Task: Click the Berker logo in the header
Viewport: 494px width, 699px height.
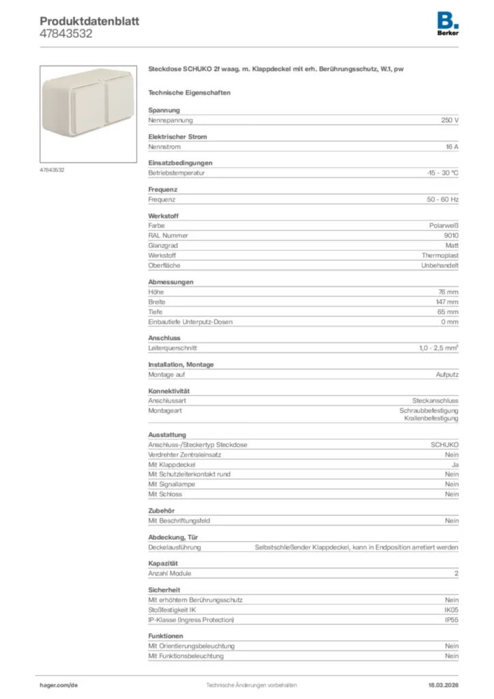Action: point(448,24)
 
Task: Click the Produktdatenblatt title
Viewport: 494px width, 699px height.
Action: point(89,21)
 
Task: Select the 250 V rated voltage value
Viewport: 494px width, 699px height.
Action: point(450,120)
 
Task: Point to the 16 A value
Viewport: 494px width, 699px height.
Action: point(452,147)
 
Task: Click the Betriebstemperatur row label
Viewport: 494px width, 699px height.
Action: point(177,173)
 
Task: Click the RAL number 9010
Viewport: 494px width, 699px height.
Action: point(451,235)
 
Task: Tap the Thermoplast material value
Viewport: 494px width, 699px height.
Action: point(440,255)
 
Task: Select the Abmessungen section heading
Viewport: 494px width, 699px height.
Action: point(171,282)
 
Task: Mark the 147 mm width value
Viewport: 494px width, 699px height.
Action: point(448,302)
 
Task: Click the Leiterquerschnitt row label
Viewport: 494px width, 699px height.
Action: point(173,348)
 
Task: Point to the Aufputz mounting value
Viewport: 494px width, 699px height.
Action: point(448,375)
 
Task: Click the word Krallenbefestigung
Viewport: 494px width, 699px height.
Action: point(431,418)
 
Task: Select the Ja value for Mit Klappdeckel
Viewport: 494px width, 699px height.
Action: point(455,464)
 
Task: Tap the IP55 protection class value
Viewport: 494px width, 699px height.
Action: point(451,620)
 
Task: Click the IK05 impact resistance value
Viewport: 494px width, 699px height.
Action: point(451,610)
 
